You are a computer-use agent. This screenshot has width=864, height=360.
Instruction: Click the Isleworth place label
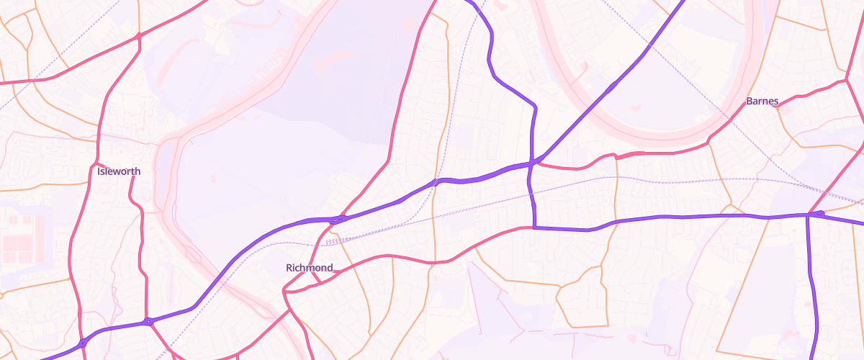(x=119, y=171)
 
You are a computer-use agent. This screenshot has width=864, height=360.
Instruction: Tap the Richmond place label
(x=310, y=268)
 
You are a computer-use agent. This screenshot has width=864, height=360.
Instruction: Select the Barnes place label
(x=762, y=101)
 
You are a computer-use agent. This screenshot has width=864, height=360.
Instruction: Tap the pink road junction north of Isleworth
(x=138, y=35)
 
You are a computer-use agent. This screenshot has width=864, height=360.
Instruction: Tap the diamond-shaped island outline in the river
(x=190, y=253)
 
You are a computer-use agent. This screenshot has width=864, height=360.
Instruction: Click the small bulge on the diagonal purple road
(x=611, y=88)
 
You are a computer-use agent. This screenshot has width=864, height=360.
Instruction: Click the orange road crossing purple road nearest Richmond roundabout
(x=434, y=183)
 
